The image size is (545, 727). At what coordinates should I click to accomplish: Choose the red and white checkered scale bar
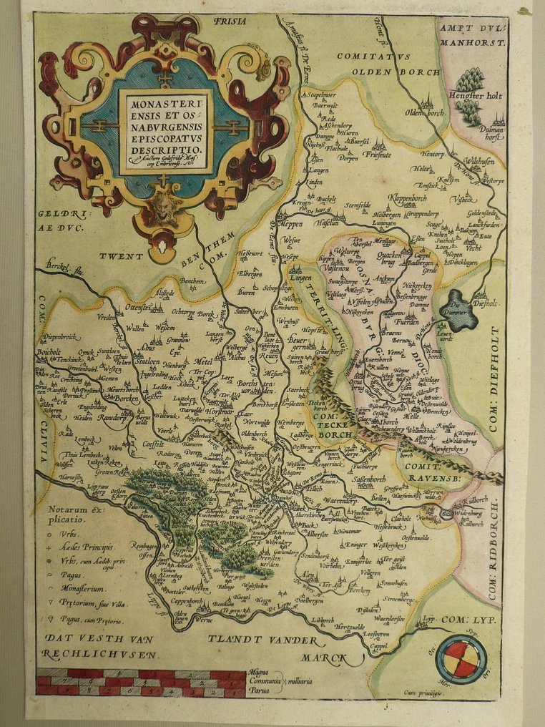(x=140, y=683)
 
